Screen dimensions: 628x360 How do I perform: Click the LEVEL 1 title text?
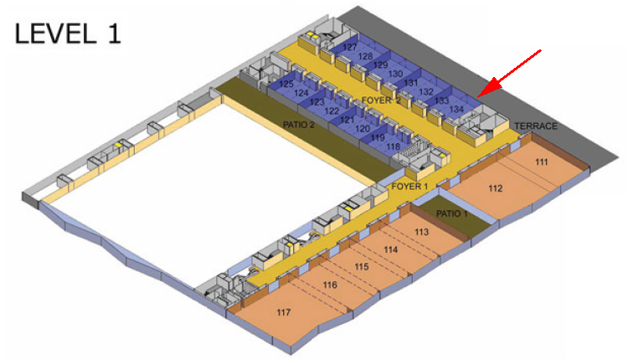click(x=67, y=33)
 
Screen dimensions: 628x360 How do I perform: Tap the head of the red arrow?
click(x=478, y=96)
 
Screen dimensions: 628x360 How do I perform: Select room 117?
click(x=284, y=312)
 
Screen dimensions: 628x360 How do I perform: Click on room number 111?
click(x=542, y=162)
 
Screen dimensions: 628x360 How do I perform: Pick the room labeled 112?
click(x=496, y=188)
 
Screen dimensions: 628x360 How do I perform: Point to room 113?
click(x=421, y=232)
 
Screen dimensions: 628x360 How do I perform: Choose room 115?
click(x=361, y=267)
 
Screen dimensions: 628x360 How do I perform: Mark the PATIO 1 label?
click(x=452, y=213)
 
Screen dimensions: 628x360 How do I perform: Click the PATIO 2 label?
click(x=299, y=125)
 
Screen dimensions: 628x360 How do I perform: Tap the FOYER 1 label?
click(x=409, y=186)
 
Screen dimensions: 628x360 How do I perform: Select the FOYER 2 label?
click(x=381, y=100)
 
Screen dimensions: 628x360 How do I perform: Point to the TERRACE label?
click(x=536, y=126)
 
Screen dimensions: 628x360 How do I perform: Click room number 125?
click(x=286, y=84)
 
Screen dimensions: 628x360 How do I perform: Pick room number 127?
click(x=350, y=47)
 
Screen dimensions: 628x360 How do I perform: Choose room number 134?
click(x=456, y=109)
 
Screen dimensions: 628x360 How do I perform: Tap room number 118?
click(x=394, y=147)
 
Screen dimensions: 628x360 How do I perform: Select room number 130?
click(x=395, y=74)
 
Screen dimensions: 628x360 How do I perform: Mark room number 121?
click(x=347, y=120)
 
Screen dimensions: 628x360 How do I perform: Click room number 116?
click(x=330, y=285)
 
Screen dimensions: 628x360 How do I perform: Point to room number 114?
click(x=391, y=249)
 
